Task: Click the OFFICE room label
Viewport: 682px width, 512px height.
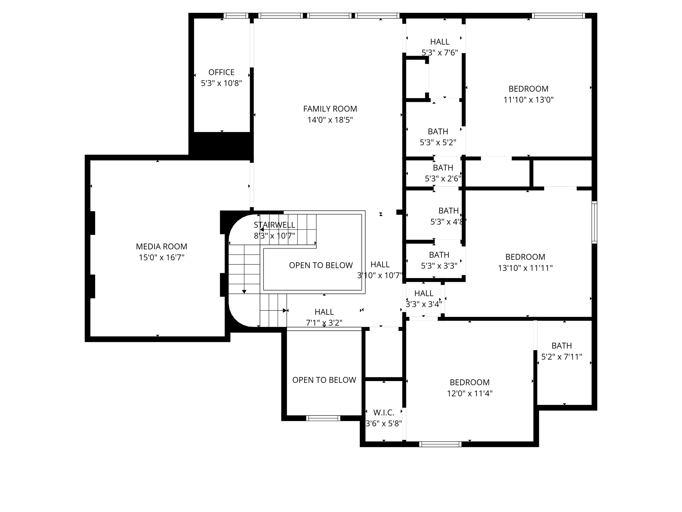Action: (x=221, y=72)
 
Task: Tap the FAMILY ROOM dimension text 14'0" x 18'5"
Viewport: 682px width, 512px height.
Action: (x=330, y=120)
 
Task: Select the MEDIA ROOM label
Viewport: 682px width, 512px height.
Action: (x=162, y=247)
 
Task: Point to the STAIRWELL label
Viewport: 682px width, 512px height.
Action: (x=274, y=225)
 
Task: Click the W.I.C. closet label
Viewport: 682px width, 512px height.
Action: (x=384, y=413)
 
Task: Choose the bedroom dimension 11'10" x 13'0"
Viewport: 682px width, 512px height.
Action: (x=528, y=100)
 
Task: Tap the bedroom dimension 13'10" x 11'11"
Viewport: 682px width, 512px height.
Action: (x=525, y=268)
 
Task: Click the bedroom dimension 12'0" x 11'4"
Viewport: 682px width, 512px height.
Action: (x=470, y=394)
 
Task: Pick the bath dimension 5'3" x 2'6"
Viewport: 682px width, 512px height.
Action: (x=443, y=179)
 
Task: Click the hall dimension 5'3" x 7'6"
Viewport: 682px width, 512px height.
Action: (x=440, y=53)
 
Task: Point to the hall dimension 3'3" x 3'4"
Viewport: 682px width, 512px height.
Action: (x=424, y=304)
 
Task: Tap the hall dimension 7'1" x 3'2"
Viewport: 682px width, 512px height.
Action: (x=324, y=323)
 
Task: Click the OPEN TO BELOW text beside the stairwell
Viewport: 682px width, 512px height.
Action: (x=321, y=265)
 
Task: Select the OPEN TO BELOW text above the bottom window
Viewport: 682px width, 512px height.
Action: (x=324, y=380)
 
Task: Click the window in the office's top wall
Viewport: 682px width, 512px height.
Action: (x=235, y=16)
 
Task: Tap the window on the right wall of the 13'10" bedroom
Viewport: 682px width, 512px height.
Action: (x=594, y=222)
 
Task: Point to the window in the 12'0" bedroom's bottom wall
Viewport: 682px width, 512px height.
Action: (x=440, y=444)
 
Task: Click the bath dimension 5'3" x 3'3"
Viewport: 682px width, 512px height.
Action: (x=439, y=266)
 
